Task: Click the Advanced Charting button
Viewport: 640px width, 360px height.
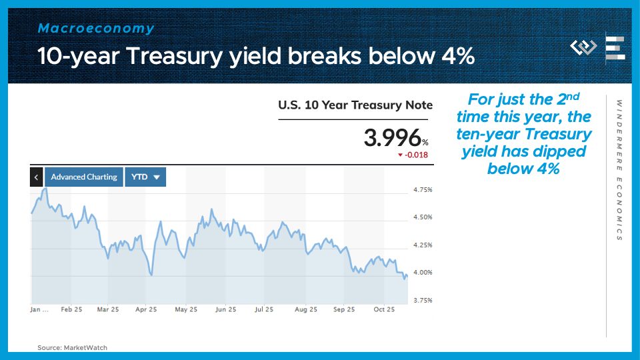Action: (84, 177)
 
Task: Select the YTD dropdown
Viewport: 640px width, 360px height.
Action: (145, 177)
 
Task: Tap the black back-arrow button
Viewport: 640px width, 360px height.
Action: (36, 177)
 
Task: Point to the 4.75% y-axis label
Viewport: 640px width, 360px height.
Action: (423, 190)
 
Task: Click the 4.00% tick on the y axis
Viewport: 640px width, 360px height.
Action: (423, 272)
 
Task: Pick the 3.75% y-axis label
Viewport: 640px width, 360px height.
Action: (423, 300)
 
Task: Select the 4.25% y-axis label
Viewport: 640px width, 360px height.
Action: (423, 245)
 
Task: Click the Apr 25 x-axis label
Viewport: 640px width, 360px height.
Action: (146, 309)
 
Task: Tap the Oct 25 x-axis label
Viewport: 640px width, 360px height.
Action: (384, 309)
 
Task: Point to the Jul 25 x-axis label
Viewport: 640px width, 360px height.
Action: (264, 309)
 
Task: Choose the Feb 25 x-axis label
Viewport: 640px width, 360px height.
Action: (71, 309)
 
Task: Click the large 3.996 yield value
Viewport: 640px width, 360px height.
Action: (392, 137)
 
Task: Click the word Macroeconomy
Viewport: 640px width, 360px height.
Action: (96, 28)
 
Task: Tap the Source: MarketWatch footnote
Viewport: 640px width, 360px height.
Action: (72, 348)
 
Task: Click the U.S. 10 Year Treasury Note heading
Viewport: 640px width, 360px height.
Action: (355, 105)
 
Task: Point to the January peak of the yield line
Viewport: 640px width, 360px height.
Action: (46, 188)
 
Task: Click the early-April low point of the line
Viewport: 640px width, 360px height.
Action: (151, 275)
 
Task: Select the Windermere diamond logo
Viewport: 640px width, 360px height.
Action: (583, 47)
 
